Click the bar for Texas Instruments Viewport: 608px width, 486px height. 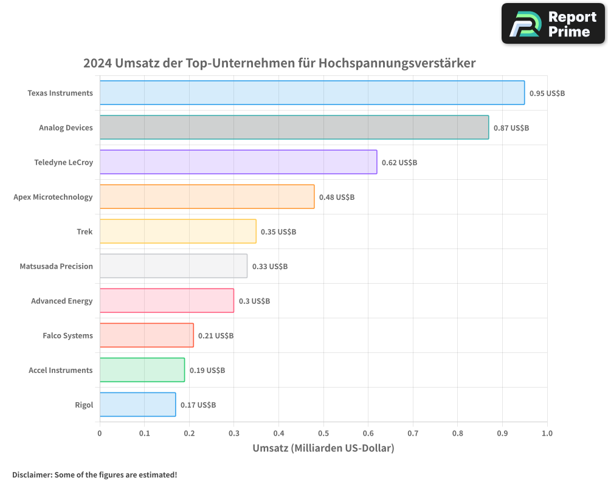pyautogui.click(x=312, y=93)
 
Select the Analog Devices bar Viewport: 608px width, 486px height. pyautogui.click(x=294, y=128)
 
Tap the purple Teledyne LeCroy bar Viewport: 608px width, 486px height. pyautogui.click(x=238, y=162)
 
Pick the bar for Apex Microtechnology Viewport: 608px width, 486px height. pyautogui.click(x=207, y=197)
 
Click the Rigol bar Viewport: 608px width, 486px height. pyautogui.click(x=137, y=405)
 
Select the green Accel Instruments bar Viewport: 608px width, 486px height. pyautogui.click(x=142, y=370)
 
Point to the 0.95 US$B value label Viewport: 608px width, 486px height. pyautogui.click(x=547, y=94)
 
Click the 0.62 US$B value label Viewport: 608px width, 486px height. pyautogui.click(x=399, y=163)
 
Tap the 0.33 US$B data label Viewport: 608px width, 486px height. pyautogui.click(x=270, y=267)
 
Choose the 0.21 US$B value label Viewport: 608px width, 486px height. pyautogui.click(x=216, y=336)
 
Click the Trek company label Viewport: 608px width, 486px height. pyautogui.click(x=85, y=231)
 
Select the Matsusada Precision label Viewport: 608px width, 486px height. pyautogui.click(x=56, y=266)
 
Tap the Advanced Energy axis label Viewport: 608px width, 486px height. pyautogui.click(x=62, y=301)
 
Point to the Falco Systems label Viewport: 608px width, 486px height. pyautogui.click(x=67, y=335)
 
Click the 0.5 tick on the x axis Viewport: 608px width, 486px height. pyautogui.click(x=323, y=434)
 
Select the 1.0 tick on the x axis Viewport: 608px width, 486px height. pyautogui.click(x=547, y=434)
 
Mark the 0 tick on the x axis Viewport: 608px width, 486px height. pyautogui.click(x=100, y=434)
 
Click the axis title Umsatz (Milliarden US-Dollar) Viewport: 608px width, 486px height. pyautogui.click(x=323, y=448)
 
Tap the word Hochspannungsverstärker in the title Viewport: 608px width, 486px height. pyautogui.click(x=397, y=63)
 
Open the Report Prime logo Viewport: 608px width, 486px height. pyautogui.click(x=553, y=24)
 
